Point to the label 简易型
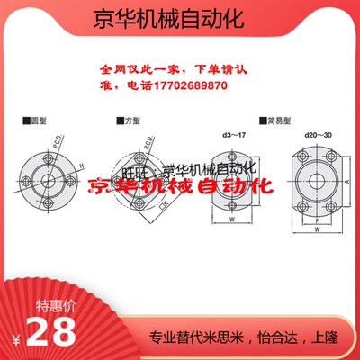point(273,120)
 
